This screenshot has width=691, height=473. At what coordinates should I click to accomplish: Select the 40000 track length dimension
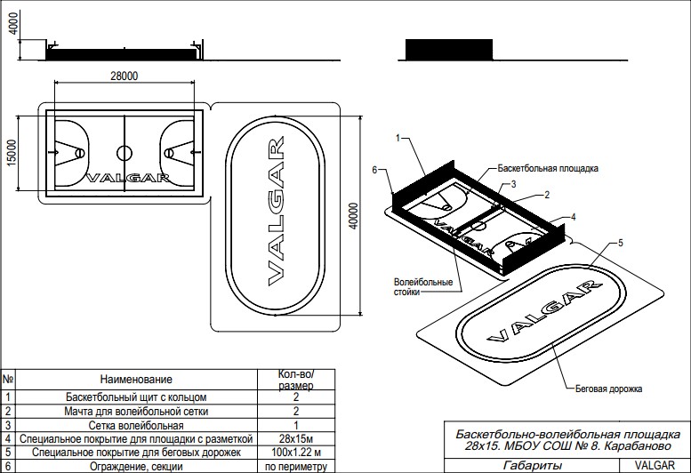352,216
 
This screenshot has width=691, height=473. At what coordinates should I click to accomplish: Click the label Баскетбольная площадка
549,167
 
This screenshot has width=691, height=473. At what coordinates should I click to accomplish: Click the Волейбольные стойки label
423,286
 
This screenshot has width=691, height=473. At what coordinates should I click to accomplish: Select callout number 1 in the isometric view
398,139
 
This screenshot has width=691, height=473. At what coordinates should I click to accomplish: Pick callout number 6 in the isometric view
376,169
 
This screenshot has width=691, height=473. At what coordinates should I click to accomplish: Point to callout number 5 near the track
622,242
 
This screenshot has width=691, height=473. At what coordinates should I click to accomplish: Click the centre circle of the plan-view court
125,153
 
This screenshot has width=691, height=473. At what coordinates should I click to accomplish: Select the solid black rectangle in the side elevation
449,49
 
